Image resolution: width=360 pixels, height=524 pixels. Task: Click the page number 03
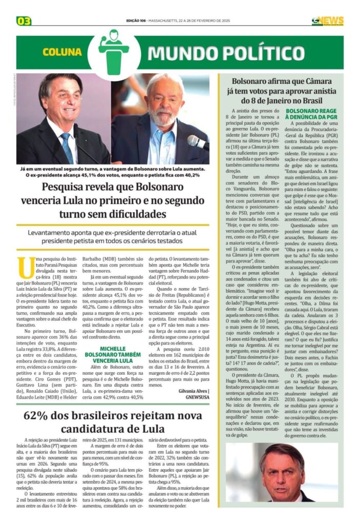click(24, 21)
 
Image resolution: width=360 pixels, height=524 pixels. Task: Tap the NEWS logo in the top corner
click(328, 21)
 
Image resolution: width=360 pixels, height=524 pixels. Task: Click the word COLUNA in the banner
click(62, 52)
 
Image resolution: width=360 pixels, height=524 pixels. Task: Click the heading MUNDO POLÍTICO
click(226, 53)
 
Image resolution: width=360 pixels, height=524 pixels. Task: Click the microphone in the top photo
click(197, 142)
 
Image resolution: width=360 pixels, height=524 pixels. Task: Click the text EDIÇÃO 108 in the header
click(135, 21)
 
